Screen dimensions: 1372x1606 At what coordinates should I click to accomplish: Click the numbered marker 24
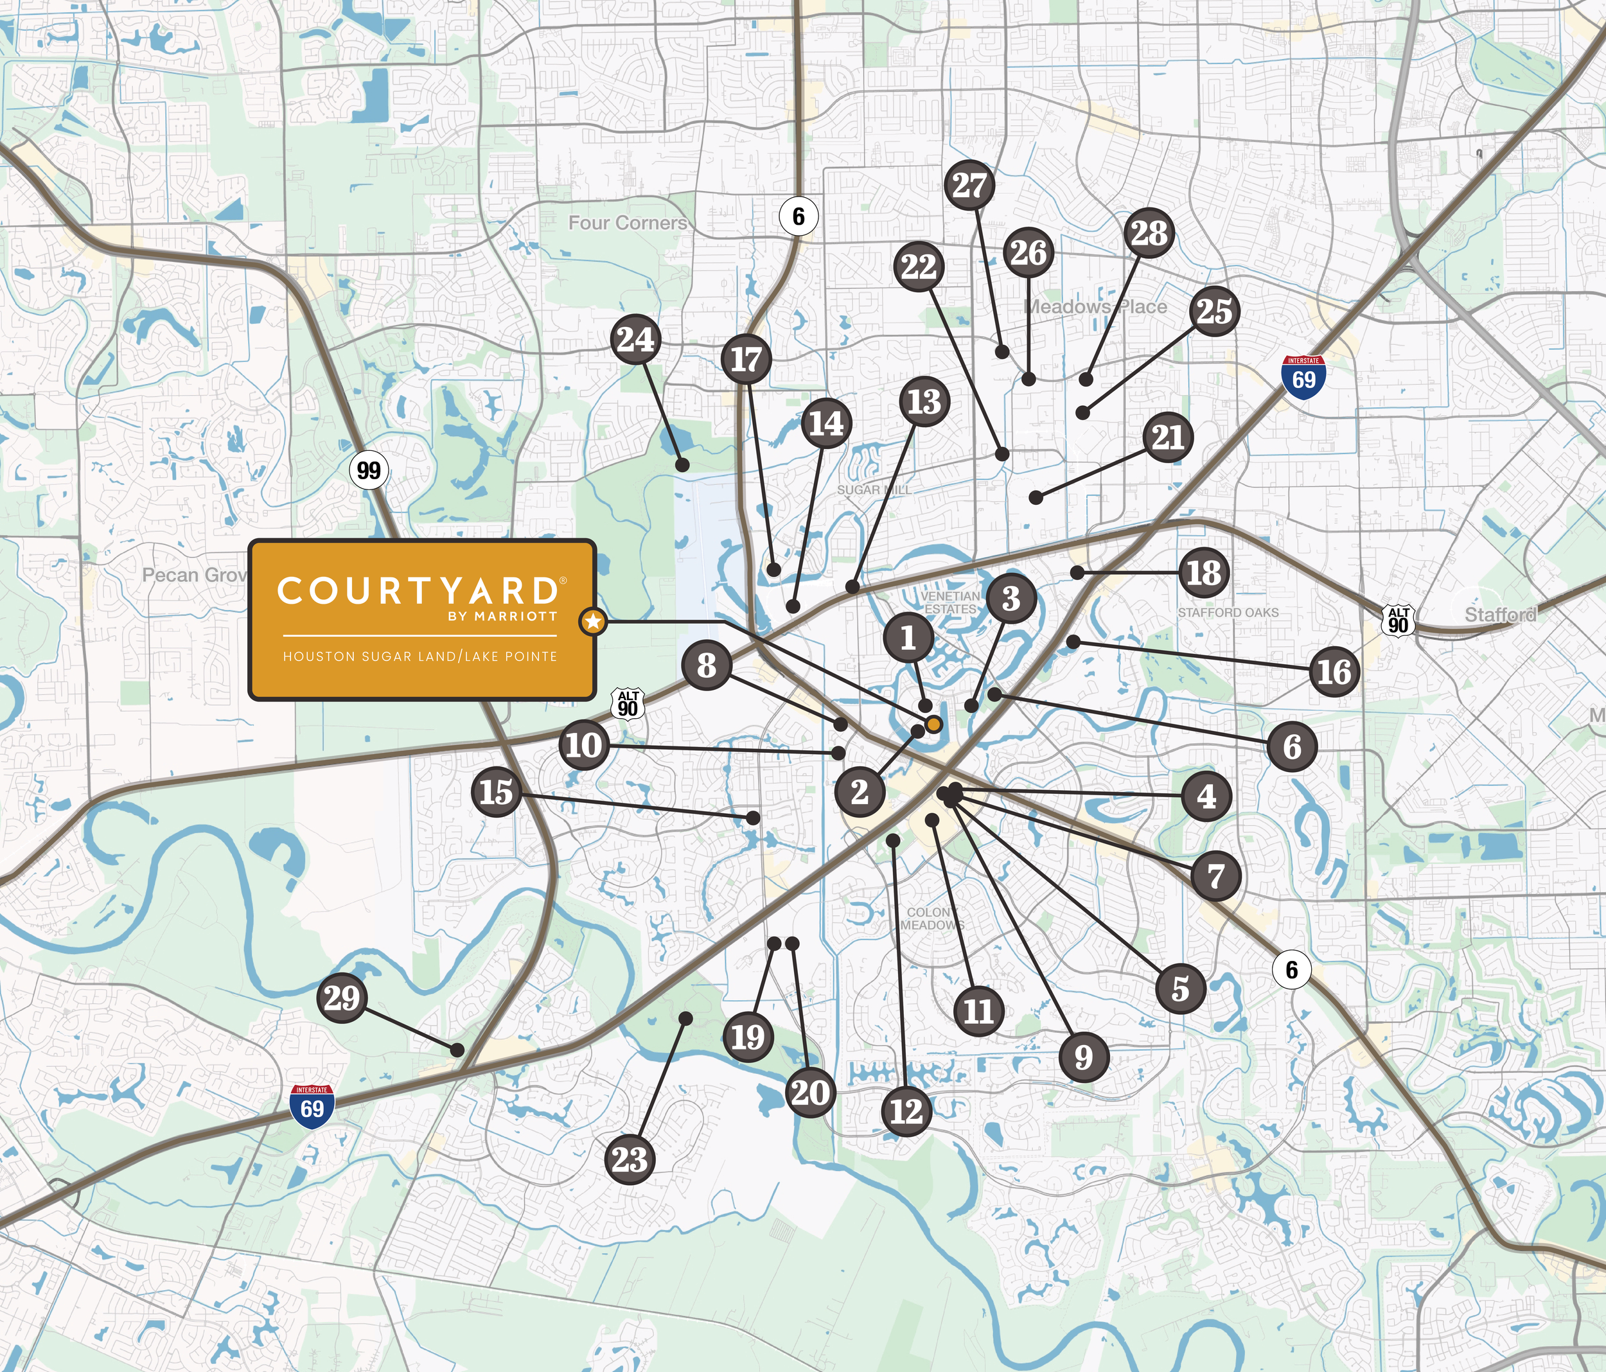click(635, 340)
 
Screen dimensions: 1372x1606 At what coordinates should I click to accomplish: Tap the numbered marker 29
click(342, 998)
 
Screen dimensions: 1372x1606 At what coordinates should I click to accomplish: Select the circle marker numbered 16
click(1334, 671)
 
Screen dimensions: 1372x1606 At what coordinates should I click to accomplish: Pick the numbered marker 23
click(629, 1159)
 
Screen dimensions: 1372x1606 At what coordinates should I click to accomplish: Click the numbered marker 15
click(496, 791)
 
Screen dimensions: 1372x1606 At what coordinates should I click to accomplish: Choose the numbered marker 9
click(1084, 1056)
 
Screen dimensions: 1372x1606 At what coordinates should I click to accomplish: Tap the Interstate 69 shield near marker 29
click(312, 1106)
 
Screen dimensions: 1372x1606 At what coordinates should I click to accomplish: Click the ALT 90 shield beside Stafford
click(1399, 620)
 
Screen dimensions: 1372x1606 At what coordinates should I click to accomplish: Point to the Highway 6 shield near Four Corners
click(799, 216)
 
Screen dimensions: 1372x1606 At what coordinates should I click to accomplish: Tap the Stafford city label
click(1500, 615)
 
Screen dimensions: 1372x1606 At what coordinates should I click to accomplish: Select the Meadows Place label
click(1095, 307)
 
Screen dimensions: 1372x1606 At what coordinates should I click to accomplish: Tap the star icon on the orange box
click(593, 621)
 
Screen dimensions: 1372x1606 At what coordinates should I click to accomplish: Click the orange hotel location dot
click(934, 725)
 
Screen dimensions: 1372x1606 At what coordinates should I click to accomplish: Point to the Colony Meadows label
click(931, 919)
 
